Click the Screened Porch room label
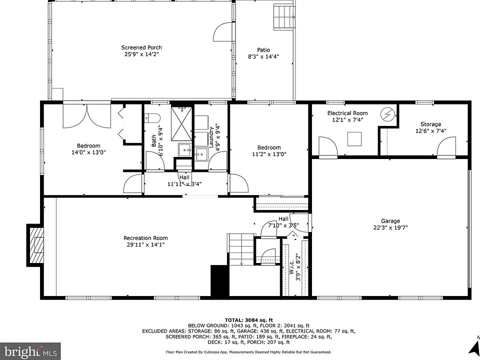click(x=141, y=47)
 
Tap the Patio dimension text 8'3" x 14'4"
click(x=263, y=56)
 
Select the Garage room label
click(x=390, y=221)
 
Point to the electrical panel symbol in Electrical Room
click(x=388, y=114)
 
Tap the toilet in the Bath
click(x=153, y=117)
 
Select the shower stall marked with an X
click(x=182, y=123)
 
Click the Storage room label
click(x=430, y=124)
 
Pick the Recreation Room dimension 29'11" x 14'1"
click(x=145, y=244)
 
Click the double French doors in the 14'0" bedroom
click(x=86, y=116)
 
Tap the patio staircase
click(x=284, y=17)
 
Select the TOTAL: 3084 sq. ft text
click(x=249, y=319)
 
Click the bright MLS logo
click(x=30, y=351)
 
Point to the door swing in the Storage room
click(x=446, y=146)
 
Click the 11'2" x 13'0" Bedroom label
click(x=269, y=147)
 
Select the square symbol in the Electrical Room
click(x=354, y=139)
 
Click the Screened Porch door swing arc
click(x=223, y=32)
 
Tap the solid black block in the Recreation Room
click(x=220, y=281)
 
